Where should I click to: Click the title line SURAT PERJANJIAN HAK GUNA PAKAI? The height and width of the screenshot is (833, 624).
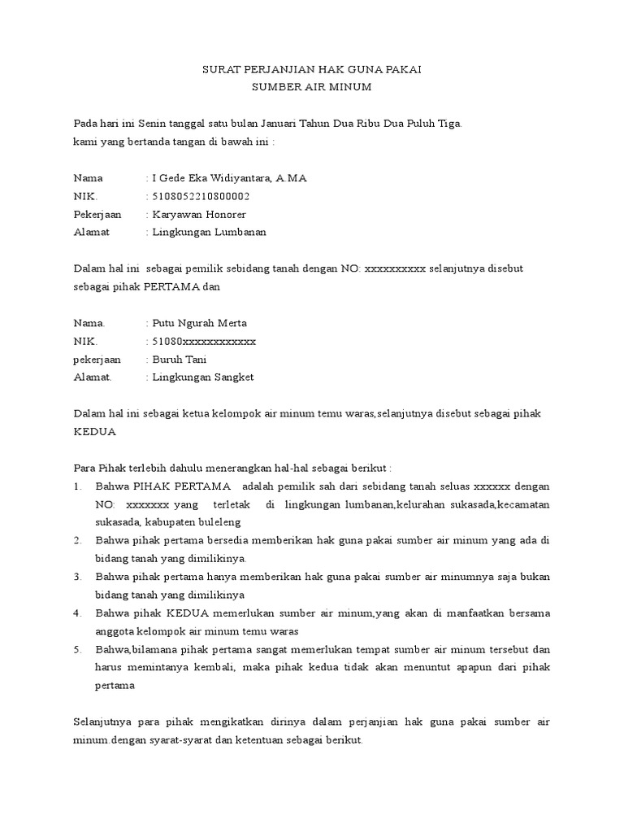[311, 71]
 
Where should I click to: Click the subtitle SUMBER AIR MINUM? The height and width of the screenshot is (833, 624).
[311, 87]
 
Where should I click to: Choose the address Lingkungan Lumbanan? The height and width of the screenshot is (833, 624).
[209, 232]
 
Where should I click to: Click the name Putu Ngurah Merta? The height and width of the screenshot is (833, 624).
[199, 323]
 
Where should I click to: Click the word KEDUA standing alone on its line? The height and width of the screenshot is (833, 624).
[95, 431]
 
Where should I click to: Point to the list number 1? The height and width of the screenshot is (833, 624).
[77, 486]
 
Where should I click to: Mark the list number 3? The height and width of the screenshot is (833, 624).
[77, 577]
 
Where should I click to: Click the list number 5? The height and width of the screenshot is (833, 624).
[77, 649]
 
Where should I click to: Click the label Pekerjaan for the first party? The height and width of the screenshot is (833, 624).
[97, 214]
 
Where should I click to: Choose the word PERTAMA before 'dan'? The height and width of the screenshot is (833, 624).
[170, 286]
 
